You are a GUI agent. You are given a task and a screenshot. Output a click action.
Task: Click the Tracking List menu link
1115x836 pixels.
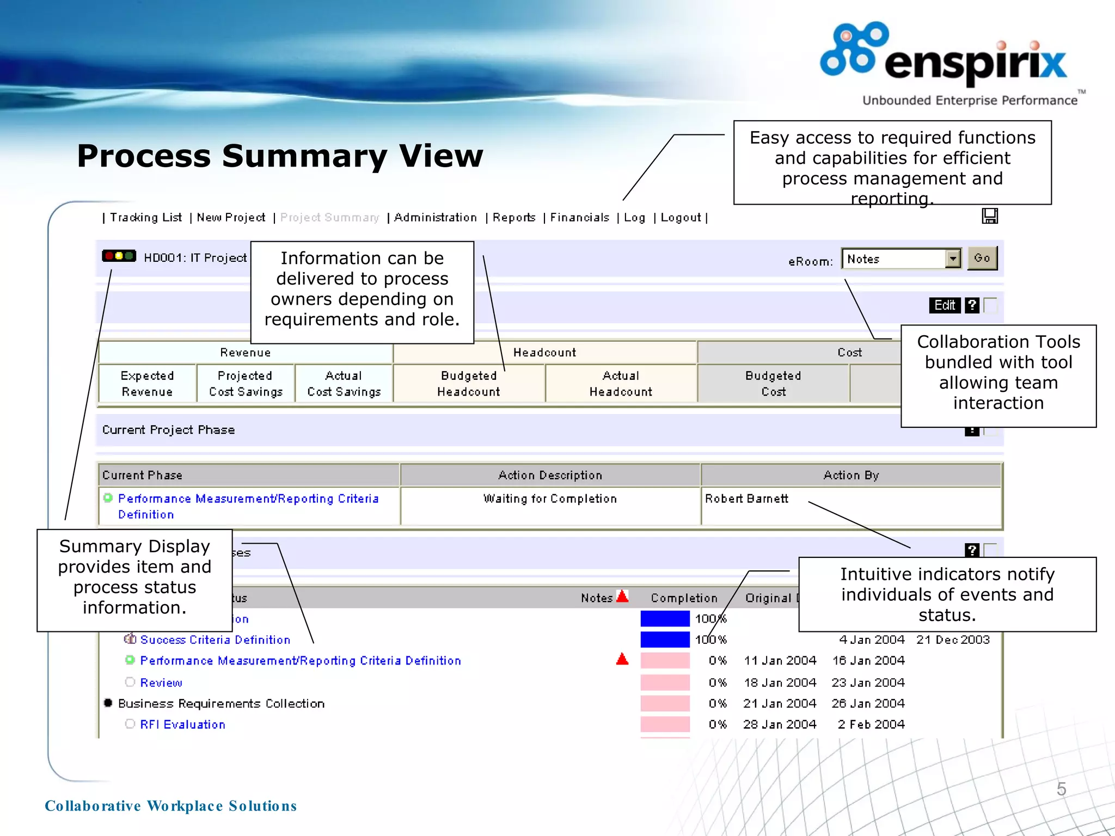pos(145,218)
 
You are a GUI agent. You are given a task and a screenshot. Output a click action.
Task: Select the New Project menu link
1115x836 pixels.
pos(231,218)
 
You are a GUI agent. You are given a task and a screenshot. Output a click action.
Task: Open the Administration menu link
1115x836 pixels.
pos(435,218)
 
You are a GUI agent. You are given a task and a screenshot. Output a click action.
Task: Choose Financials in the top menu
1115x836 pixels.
pos(579,218)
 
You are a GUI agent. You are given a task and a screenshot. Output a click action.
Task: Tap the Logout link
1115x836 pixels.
pos(681,218)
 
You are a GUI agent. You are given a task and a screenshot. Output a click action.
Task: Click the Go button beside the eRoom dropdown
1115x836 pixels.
pos(982,258)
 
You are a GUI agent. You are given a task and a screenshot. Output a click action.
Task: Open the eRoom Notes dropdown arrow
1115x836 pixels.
pos(953,259)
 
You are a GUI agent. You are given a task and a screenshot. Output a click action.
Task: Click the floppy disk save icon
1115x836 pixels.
pos(990,216)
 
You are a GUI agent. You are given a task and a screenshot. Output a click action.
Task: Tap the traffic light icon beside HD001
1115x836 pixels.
pos(119,256)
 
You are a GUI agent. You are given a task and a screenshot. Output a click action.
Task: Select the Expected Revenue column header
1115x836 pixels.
pos(147,384)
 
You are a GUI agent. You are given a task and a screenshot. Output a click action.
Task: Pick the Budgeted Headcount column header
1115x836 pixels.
pos(469,384)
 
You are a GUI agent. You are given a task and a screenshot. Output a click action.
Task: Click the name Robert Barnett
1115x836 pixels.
pos(746,499)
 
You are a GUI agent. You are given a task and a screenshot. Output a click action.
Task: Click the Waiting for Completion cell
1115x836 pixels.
pos(550,499)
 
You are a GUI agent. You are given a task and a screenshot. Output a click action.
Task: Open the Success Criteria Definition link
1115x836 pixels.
pos(215,640)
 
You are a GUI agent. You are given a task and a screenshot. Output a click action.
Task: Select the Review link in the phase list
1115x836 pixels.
pos(161,683)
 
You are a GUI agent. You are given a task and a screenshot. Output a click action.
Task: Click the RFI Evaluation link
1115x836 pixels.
pos(182,724)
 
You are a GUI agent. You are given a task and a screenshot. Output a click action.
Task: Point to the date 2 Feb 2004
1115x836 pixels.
pos(871,724)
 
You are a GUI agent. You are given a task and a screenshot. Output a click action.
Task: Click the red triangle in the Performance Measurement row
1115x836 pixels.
pos(622,660)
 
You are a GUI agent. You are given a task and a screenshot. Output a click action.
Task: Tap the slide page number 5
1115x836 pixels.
pos(1061,789)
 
